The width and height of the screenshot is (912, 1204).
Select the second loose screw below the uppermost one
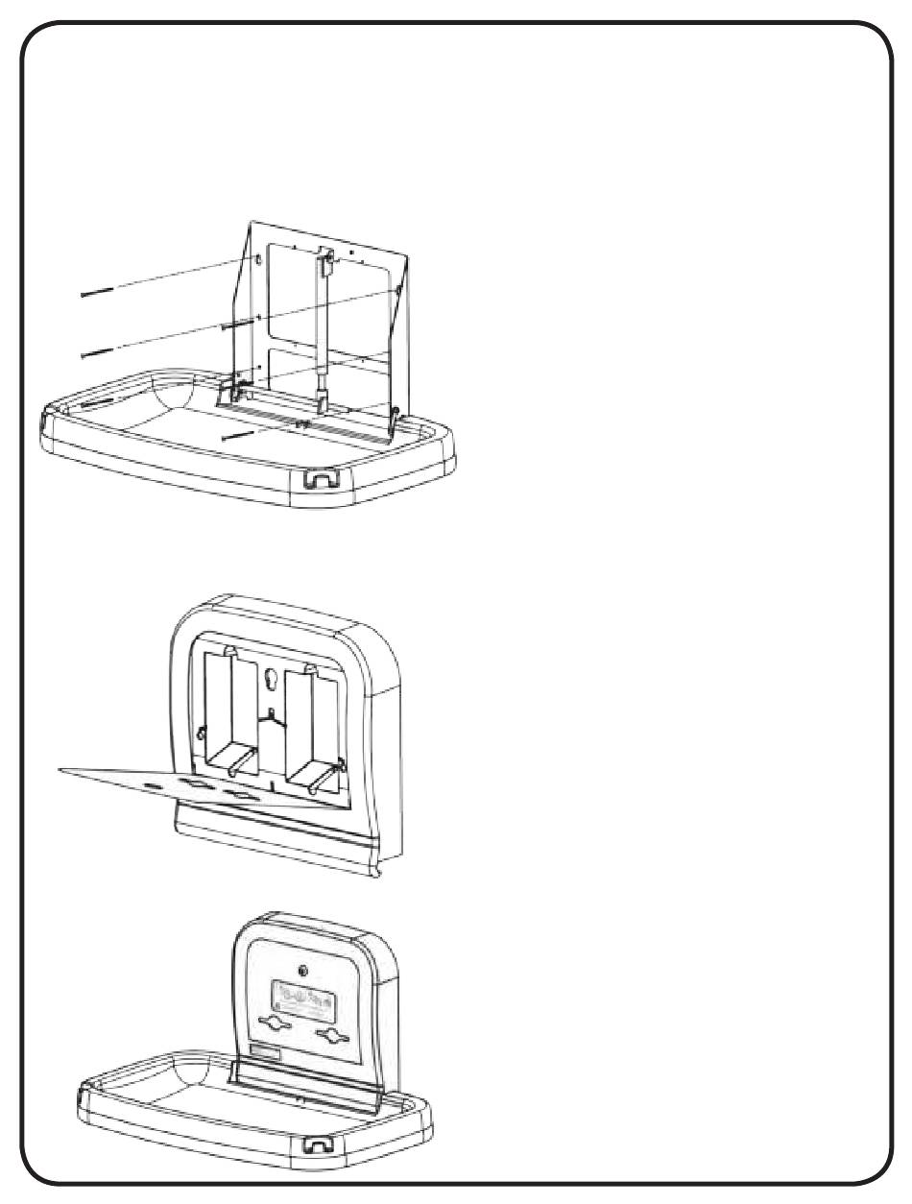[x=99, y=354]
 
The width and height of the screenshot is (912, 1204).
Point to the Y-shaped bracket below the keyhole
[x=274, y=720]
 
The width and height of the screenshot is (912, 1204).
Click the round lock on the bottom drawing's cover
[x=303, y=971]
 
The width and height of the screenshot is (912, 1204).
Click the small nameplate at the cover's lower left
[x=264, y=1053]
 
